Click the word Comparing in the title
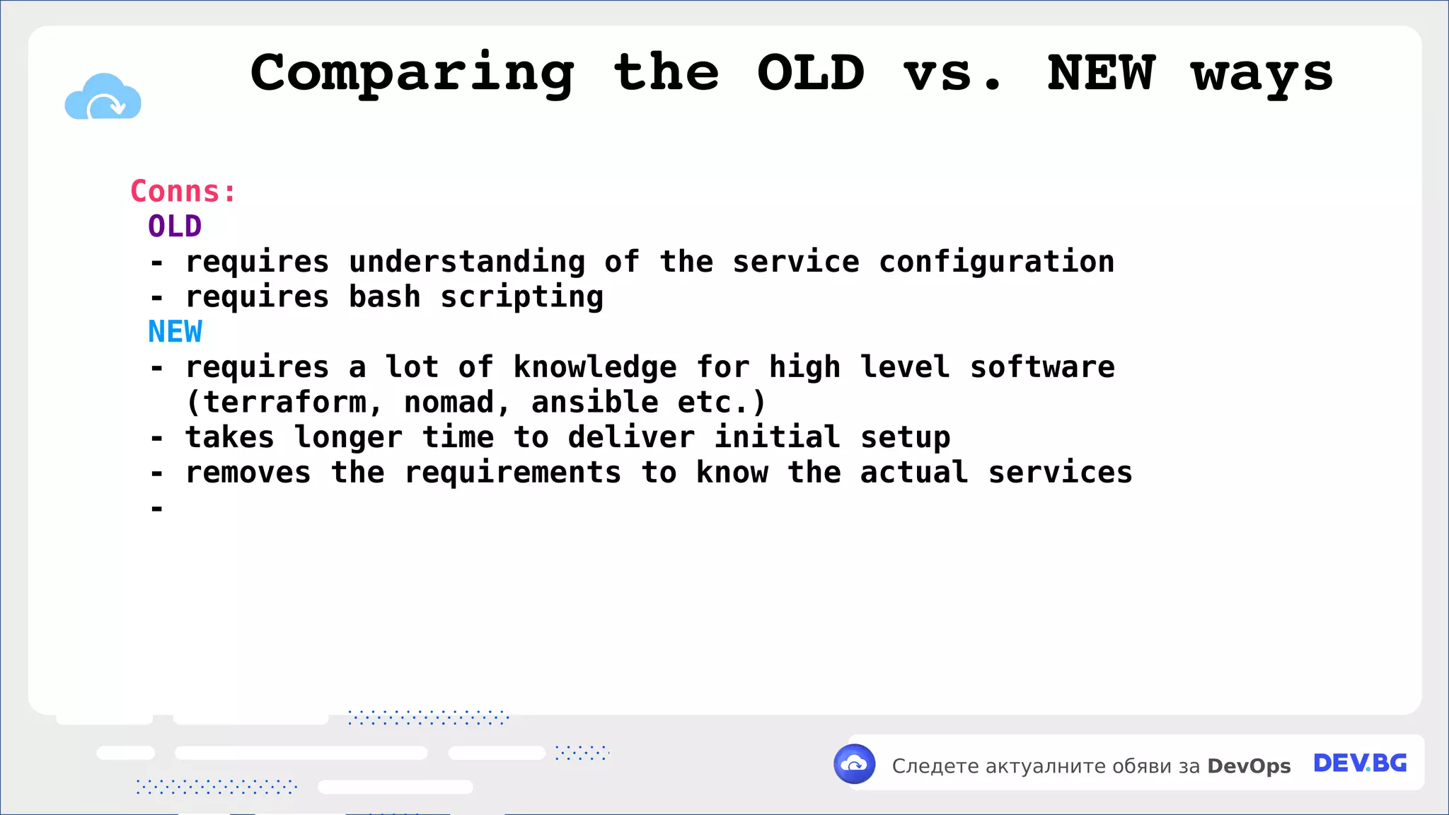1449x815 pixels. tap(412, 74)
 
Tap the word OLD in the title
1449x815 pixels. tap(811, 73)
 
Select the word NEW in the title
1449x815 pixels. tap(1101, 73)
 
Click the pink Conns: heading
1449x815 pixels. tap(183, 192)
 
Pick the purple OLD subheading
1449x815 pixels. tap(175, 227)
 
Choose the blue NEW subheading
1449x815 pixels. tap(175, 332)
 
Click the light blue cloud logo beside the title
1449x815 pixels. tap(103, 98)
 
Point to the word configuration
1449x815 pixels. tap(996, 262)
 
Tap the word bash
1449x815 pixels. tap(384, 297)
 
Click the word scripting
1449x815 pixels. tap(521, 297)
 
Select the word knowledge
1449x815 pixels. tap(595, 367)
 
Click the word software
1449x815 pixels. tap(1042, 367)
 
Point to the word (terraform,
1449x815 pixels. tap(284, 403)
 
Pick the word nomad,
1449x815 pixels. tap(457, 403)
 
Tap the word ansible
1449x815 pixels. tap(595, 403)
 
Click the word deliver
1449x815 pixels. tap(631, 437)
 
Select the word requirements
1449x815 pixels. tap(512, 473)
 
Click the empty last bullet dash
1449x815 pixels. tap(157, 508)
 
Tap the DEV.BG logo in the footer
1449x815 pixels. tap(1360, 764)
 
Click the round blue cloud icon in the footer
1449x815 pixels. tap(855, 764)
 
